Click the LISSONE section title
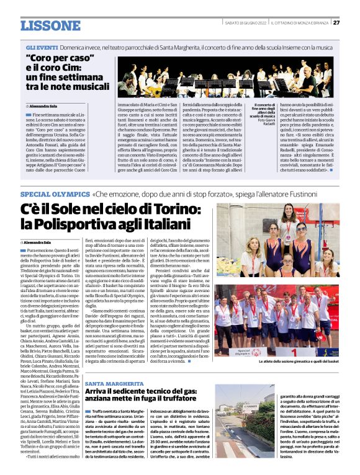point(50,25)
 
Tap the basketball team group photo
point(287,324)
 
